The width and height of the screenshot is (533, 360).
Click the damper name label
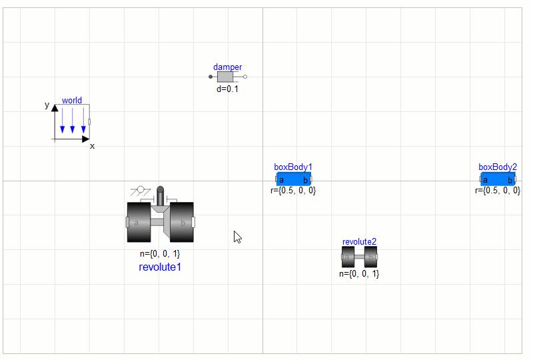tap(227, 67)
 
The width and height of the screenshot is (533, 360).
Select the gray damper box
tap(225, 77)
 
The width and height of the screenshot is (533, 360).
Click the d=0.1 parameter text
tap(227, 89)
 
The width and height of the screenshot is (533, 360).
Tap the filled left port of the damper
tap(211, 77)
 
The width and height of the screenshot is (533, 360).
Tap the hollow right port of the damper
tap(245, 77)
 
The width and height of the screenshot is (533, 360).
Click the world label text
tap(72, 101)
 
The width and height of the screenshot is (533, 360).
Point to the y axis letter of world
tap(47, 105)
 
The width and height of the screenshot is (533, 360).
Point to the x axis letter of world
tap(92, 146)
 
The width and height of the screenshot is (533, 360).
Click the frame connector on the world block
tap(89, 121)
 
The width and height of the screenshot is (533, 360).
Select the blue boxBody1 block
tap(294, 179)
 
